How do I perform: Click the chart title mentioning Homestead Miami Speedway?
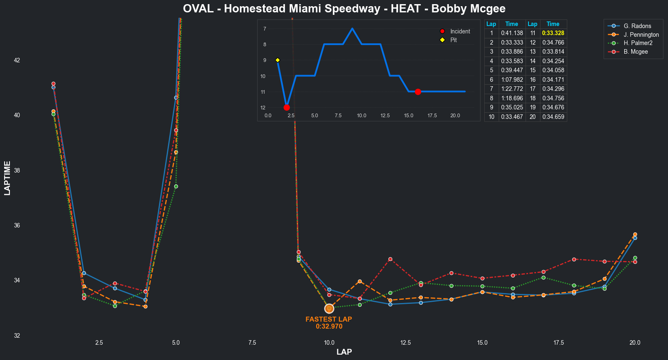pos(344,9)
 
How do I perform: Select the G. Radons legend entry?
pos(637,26)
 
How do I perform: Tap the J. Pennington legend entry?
pos(641,35)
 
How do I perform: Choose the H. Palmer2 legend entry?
pos(638,43)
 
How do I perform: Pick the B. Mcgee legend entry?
pos(635,52)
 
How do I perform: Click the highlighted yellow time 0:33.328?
pos(553,33)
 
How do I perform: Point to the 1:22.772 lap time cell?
pos(512,89)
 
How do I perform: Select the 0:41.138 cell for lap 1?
pos(512,33)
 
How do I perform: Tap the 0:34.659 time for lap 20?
pos(553,117)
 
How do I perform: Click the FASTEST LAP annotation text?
pos(329,320)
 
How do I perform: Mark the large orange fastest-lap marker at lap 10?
pos(329,308)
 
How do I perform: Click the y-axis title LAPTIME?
pos(7,178)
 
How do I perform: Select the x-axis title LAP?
pos(344,352)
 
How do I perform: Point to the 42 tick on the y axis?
pos(17,60)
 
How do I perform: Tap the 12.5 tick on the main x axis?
pos(405,343)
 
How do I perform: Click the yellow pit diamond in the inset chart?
pos(277,60)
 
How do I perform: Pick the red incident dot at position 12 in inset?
pos(287,107)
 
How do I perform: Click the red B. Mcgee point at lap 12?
pos(390,259)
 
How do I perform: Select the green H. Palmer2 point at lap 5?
pos(176,186)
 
